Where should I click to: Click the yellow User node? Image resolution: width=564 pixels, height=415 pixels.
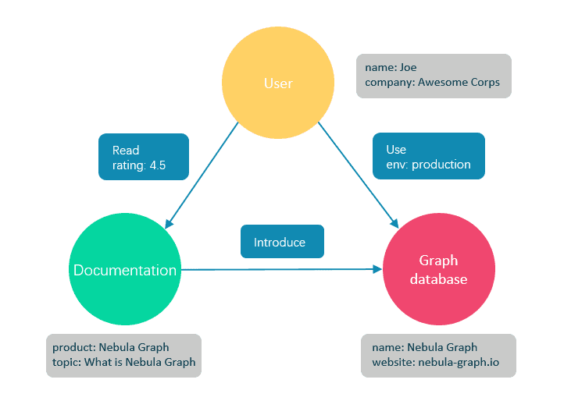click(278, 83)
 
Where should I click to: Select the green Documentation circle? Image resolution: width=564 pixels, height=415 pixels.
click(125, 270)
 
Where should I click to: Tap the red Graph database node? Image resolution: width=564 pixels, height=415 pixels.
click(438, 269)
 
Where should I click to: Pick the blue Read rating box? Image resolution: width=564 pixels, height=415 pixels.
click(144, 158)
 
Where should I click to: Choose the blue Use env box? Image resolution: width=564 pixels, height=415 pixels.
click(429, 156)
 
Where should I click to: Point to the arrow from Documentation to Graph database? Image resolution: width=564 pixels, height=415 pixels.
click(281, 269)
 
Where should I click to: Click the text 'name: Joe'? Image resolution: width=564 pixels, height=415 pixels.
click(385, 68)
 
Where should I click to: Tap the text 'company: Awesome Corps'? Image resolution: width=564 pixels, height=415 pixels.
click(432, 82)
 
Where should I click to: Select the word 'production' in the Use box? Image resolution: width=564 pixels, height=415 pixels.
click(441, 164)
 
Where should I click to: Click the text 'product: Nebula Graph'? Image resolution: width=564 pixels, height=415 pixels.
click(110, 347)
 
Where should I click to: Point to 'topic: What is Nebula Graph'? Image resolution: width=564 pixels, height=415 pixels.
click(123, 362)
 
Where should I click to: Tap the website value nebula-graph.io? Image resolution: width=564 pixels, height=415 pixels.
click(458, 362)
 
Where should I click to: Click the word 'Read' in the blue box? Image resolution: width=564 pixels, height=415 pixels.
click(126, 151)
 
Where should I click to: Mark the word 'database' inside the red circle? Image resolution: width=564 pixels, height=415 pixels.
click(438, 278)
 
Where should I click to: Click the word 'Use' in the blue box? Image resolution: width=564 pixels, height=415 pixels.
click(396, 149)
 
